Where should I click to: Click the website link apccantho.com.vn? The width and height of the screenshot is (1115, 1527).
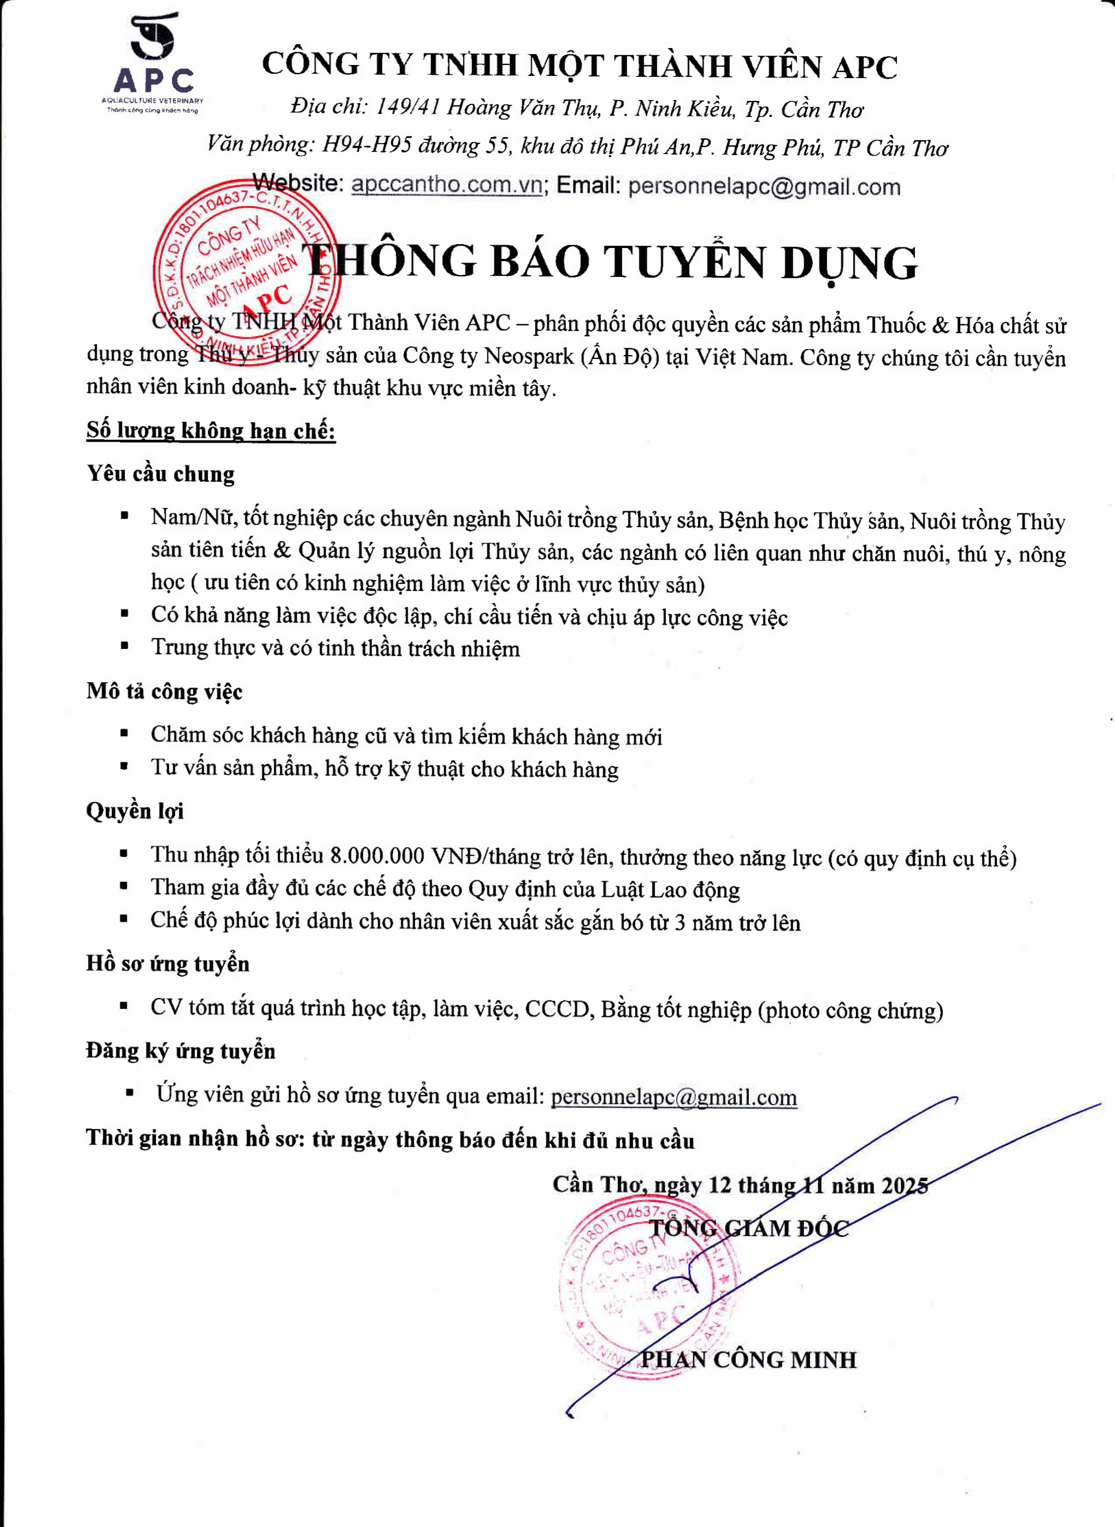point(447,185)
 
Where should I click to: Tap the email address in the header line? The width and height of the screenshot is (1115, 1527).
point(764,187)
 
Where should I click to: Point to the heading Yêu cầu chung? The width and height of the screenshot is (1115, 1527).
point(161,474)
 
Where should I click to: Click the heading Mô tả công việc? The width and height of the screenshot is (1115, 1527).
point(164,691)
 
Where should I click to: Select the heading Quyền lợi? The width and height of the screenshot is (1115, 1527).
point(135,810)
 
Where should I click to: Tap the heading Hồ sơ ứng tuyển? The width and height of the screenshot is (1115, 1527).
point(167,963)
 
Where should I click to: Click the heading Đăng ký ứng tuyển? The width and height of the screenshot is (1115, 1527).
point(180,1051)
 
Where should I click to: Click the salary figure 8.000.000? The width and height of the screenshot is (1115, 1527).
point(377,856)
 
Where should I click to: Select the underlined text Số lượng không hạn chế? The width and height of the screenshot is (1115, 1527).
point(210,430)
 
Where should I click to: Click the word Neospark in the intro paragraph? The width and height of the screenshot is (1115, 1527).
point(529,356)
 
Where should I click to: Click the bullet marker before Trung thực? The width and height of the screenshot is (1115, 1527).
point(125,646)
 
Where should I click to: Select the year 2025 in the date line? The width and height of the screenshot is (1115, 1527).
point(905,1186)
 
